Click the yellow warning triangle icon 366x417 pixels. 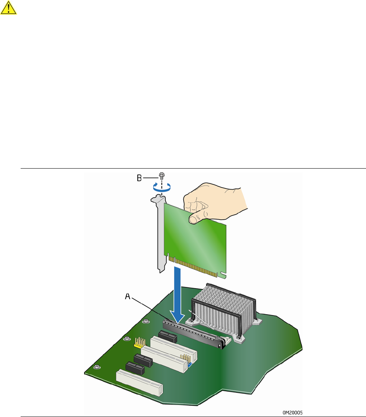tap(9, 8)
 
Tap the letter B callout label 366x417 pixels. tap(139, 178)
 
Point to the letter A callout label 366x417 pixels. tap(127, 297)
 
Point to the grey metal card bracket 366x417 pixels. tap(160, 234)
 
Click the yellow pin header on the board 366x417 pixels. tap(139, 343)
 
